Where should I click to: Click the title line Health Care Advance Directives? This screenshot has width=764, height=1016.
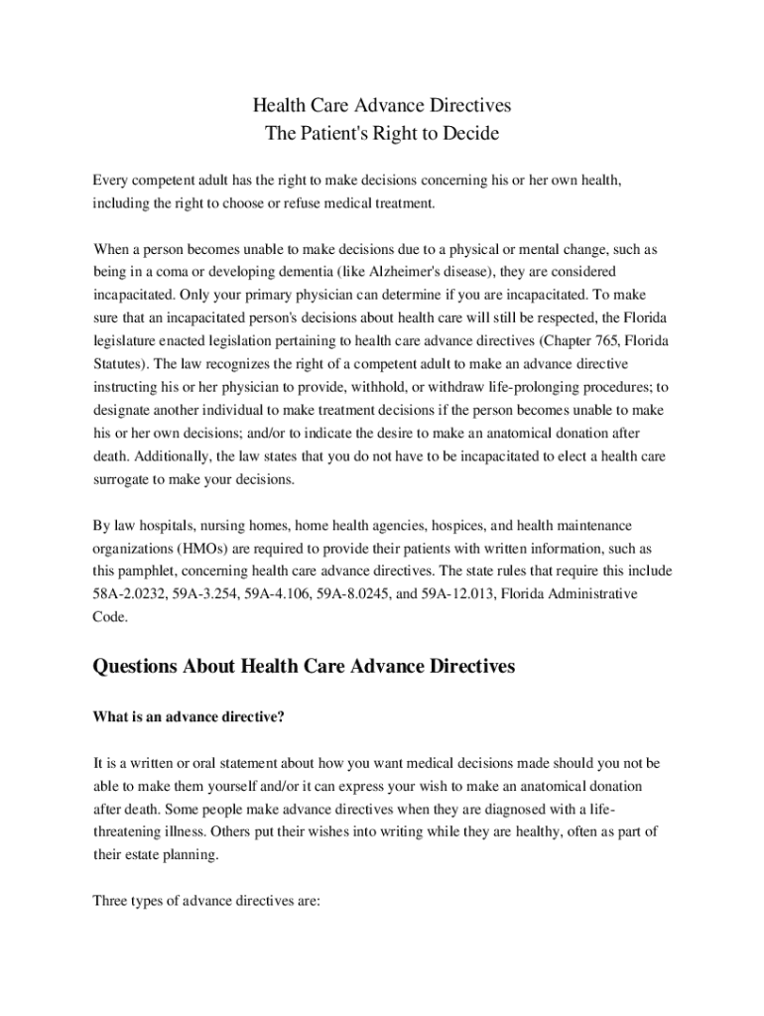[x=382, y=105]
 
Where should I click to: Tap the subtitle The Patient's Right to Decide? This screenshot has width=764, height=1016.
[x=382, y=133]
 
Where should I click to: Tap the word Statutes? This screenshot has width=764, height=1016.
[x=118, y=363]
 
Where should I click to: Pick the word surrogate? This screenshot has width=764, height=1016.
[x=123, y=479]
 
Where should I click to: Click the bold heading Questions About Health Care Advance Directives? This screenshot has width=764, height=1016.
[x=304, y=667]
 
